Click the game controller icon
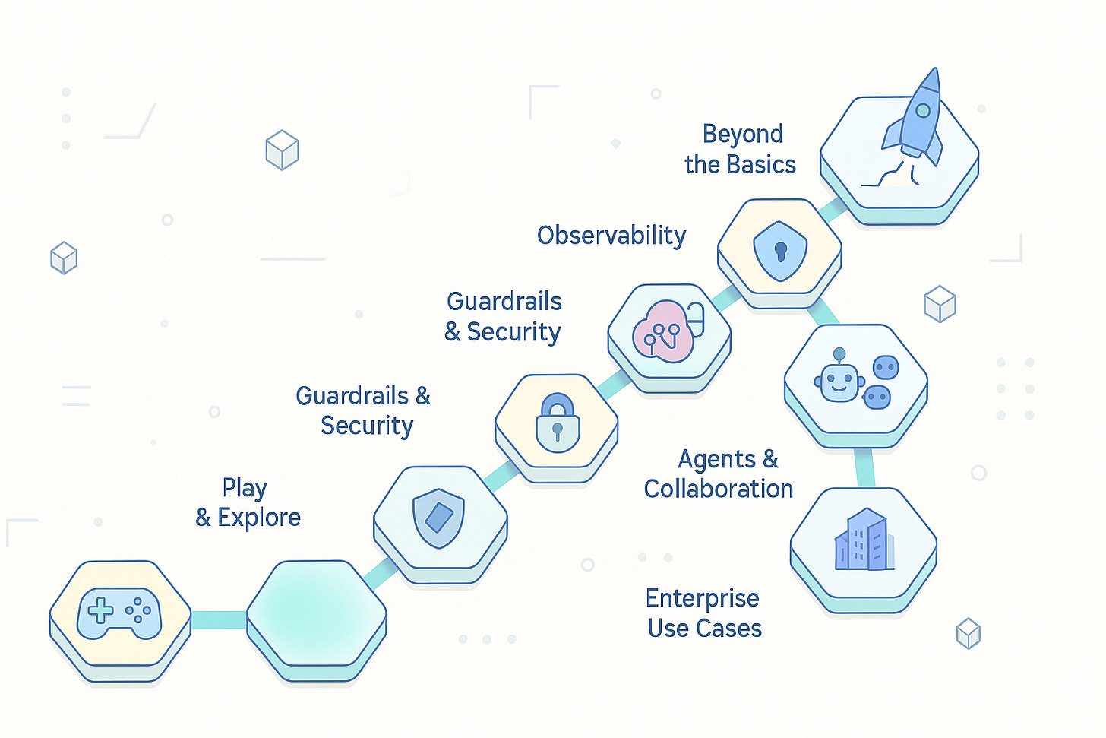pyautogui.click(x=119, y=613)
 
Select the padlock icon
pyautogui.click(x=558, y=424)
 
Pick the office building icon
pyautogui.click(x=864, y=541)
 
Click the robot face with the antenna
pyautogui.click(x=839, y=381)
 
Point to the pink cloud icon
pyautogui.click(x=663, y=332)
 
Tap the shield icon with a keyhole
pyautogui.click(x=780, y=251)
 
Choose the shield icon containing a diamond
pyautogui.click(x=439, y=517)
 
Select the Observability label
pyautogui.click(x=611, y=236)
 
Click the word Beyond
pyautogui.click(x=742, y=135)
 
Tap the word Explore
pyautogui.click(x=259, y=518)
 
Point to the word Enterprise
pyautogui.click(x=702, y=599)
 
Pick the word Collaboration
pyautogui.click(x=719, y=489)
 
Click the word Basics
pyautogui.click(x=760, y=165)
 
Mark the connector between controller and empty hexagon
pyautogui.click(x=219, y=620)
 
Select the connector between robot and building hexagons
pyautogui.click(x=864, y=467)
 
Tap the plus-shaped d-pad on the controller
pyautogui.click(x=101, y=610)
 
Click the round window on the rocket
pyautogui.click(x=923, y=111)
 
